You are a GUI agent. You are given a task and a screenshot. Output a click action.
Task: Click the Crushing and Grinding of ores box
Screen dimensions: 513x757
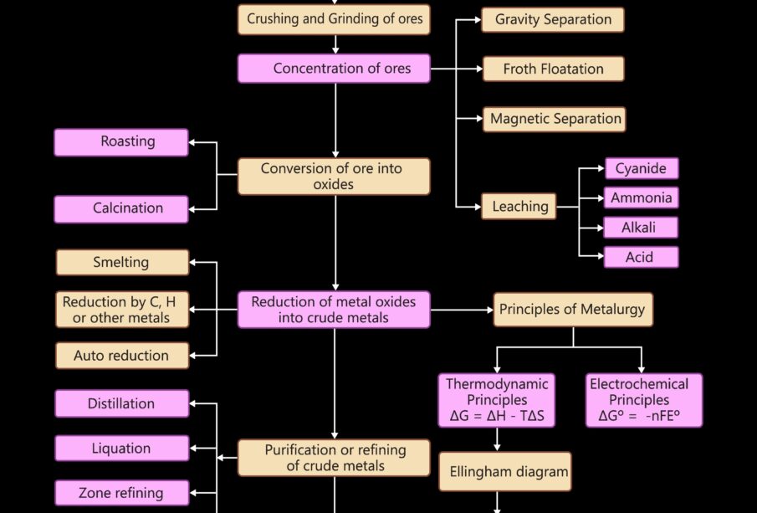334,18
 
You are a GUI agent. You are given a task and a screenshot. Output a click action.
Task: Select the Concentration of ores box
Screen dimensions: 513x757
334,69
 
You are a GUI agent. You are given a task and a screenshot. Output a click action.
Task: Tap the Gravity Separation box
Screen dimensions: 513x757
553,19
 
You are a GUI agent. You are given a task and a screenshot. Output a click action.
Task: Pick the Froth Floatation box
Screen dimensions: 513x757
553,69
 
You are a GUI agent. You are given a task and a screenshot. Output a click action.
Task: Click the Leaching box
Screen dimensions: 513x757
519,206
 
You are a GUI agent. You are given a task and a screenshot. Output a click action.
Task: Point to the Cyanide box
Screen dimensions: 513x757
641,168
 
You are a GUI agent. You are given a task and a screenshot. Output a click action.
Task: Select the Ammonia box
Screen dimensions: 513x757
641,198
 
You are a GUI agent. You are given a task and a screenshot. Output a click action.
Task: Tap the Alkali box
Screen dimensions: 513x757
641,228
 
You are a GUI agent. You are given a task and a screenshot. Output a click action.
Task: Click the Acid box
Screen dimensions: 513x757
641,257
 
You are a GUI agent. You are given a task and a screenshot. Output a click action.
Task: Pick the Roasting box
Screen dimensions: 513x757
121,141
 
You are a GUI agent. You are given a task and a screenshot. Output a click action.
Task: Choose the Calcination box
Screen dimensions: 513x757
121,208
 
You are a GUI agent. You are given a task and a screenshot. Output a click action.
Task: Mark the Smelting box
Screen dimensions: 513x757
122,262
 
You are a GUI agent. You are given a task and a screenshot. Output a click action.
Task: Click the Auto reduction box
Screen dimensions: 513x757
122,356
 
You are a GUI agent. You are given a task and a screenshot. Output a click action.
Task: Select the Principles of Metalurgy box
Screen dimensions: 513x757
572,310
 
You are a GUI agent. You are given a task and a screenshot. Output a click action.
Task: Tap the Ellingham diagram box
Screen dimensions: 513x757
505,471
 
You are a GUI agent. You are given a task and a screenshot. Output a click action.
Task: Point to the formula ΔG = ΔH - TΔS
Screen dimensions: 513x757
497,416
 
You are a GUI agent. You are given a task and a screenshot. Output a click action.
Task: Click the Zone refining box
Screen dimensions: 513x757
122,493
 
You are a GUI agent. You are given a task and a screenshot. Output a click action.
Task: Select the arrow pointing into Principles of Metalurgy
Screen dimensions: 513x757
485,310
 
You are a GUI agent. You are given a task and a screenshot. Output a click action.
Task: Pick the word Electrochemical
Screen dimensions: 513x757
639,384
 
